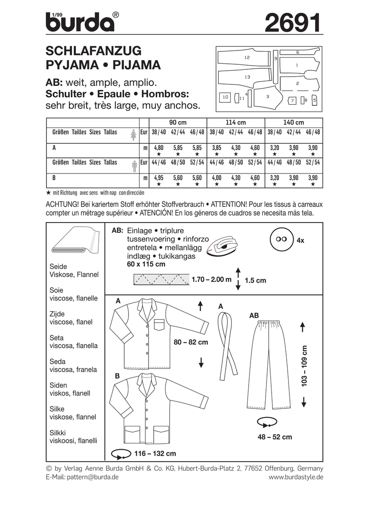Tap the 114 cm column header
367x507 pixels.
[x=236, y=123]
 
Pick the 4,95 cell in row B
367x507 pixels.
[x=159, y=178]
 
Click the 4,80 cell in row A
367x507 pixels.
[x=159, y=148]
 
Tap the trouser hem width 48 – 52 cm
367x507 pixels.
[x=275, y=437]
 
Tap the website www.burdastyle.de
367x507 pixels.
[x=296, y=477]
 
